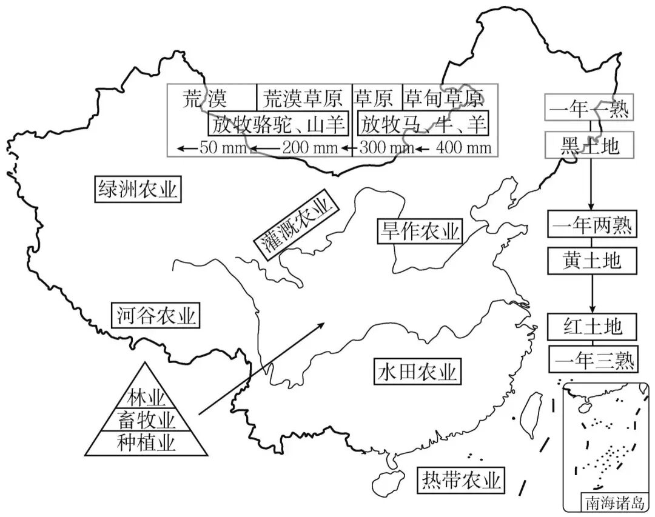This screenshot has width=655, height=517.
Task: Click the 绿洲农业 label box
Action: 138,189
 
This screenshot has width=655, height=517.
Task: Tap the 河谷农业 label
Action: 156,315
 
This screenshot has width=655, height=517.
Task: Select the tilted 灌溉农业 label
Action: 295,227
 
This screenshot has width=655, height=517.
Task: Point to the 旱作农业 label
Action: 419,230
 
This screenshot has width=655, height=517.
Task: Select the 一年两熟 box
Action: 591,225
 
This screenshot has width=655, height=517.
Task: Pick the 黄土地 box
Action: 591,261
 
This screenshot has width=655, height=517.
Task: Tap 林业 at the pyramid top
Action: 146,398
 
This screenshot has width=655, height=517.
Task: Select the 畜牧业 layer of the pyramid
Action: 146,419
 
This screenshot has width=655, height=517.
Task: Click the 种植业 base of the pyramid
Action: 146,442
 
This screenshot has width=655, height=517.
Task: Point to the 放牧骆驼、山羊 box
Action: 278,124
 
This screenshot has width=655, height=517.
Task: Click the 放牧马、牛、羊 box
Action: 423,124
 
